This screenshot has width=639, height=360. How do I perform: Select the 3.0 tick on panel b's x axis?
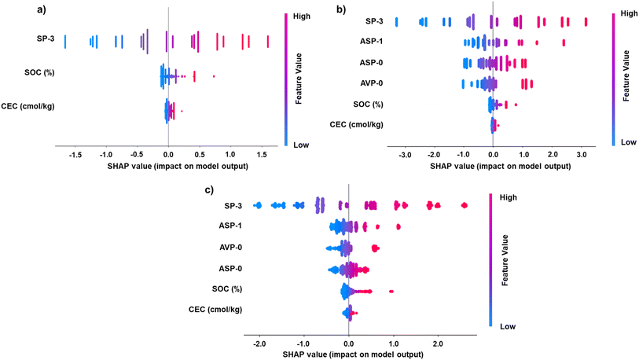tap(581, 156)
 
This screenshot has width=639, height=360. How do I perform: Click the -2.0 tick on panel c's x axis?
tap(259, 343)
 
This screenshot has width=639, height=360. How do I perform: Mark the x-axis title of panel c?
tap(347, 354)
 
